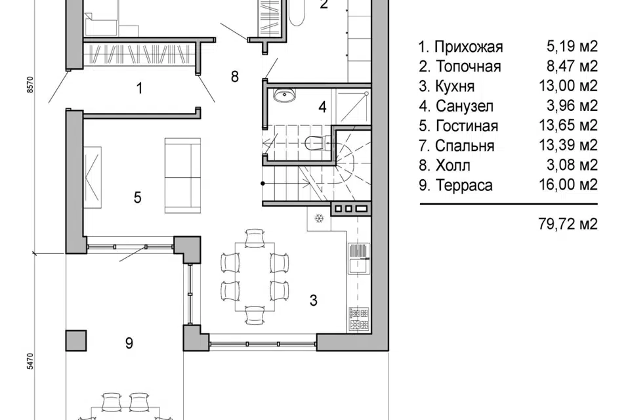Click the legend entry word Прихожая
click(469, 47)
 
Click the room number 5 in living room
click(137, 197)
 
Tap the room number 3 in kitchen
click(314, 301)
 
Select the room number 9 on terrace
click(129, 342)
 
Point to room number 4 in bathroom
click(322, 106)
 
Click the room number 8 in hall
click(234, 77)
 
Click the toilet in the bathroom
click(314, 141)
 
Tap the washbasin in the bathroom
click(285, 96)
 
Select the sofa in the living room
click(182, 175)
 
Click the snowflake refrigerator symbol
click(320, 218)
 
